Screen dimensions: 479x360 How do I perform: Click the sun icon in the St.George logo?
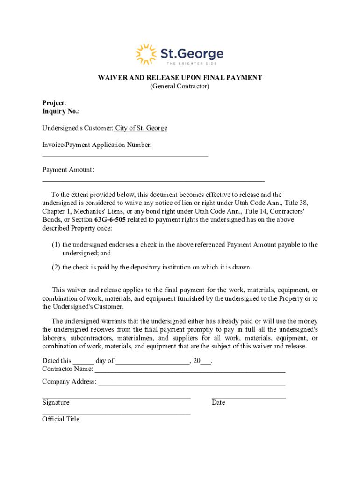click(x=146, y=54)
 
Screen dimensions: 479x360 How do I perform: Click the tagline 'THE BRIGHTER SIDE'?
click(x=192, y=63)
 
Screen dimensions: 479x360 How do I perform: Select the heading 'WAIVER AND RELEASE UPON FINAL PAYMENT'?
click(x=180, y=78)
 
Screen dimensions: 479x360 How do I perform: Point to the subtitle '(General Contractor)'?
click(x=180, y=87)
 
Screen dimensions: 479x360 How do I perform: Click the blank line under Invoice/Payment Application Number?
click(x=125, y=155)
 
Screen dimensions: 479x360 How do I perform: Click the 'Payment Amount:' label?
click(x=68, y=170)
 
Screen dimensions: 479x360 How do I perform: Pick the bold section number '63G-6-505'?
click(x=110, y=220)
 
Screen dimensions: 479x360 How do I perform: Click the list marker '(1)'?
click(x=56, y=245)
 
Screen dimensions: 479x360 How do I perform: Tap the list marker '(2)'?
click(x=56, y=268)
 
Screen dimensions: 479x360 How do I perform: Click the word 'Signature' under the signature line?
click(x=56, y=403)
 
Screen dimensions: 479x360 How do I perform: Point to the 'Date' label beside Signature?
click(x=218, y=403)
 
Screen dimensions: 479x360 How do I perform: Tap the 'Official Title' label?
click(x=61, y=419)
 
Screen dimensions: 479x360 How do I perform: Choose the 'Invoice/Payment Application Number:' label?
click(x=97, y=145)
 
